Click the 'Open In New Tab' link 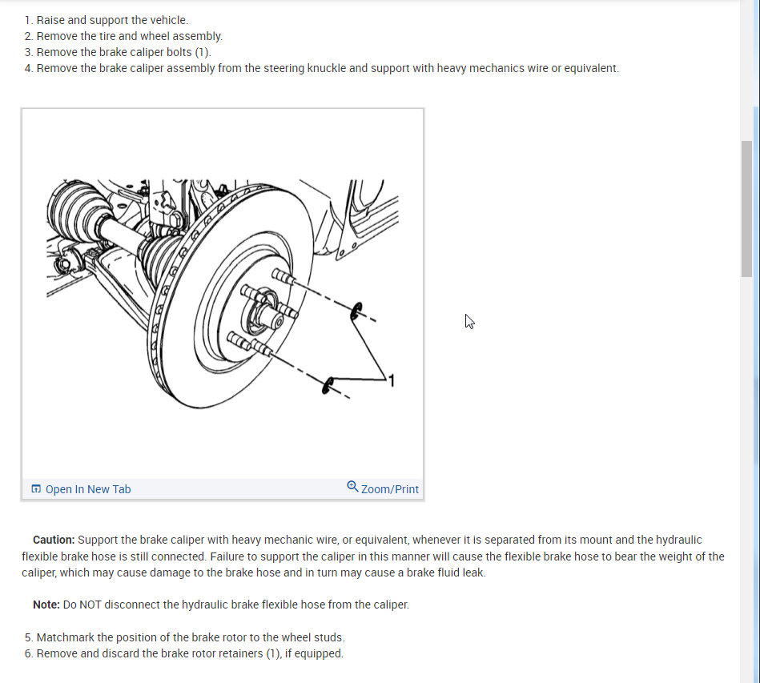point(87,489)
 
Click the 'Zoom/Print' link point(389,489)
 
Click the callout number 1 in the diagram point(391,380)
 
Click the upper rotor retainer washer point(356,311)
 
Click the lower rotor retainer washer point(328,385)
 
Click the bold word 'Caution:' point(54,540)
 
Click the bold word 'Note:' point(46,605)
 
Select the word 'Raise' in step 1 point(51,20)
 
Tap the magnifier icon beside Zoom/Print point(352,487)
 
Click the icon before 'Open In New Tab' point(36,489)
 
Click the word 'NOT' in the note point(91,605)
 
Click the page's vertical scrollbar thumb point(746,208)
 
